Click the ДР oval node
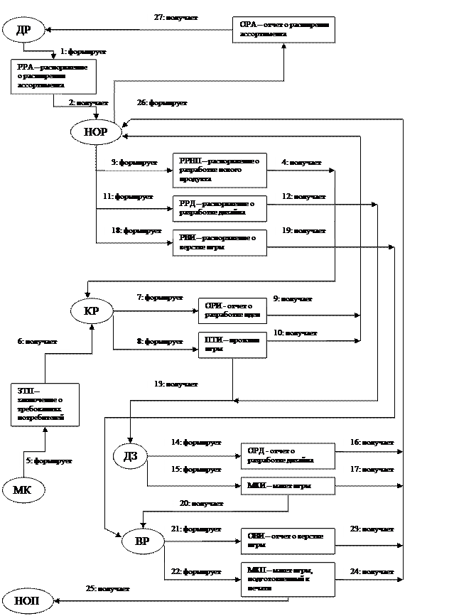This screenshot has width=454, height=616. (x=23, y=30)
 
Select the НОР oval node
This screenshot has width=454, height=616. (x=96, y=132)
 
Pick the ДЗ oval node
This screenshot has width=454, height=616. (x=131, y=456)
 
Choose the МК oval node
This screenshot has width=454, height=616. (x=23, y=490)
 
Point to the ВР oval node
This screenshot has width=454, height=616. (x=142, y=541)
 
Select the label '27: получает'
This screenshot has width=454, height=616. (x=177, y=17)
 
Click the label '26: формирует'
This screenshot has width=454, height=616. (x=163, y=103)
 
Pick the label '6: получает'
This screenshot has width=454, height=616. (x=42, y=342)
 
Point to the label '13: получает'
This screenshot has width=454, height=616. (x=177, y=384)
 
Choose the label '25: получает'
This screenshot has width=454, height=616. (x=108, y=588)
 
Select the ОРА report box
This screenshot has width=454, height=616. (x=283, y=30)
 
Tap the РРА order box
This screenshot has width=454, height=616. (x=53, y=77)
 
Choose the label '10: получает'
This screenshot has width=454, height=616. (x=296, y=333)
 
